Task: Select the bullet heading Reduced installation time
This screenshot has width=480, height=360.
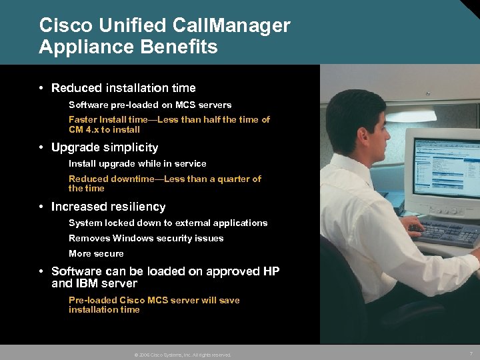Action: [x=123, y=88]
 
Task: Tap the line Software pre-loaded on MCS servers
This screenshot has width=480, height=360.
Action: [x=150, y=105]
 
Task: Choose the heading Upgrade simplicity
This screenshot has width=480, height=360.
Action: [x=105, y=147]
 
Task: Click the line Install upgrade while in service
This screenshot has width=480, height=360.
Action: [x=137, y=163]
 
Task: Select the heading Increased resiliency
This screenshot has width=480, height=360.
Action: [x=108, y=207]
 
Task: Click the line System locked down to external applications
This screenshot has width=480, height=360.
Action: [x=168, y=223]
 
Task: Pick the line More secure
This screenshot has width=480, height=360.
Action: [x=96, y=253]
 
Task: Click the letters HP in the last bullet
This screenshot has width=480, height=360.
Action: [x=271, y=271]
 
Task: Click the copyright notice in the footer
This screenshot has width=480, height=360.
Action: [x=182, y=355]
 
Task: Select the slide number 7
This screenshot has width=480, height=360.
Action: [x=471, y=353]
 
